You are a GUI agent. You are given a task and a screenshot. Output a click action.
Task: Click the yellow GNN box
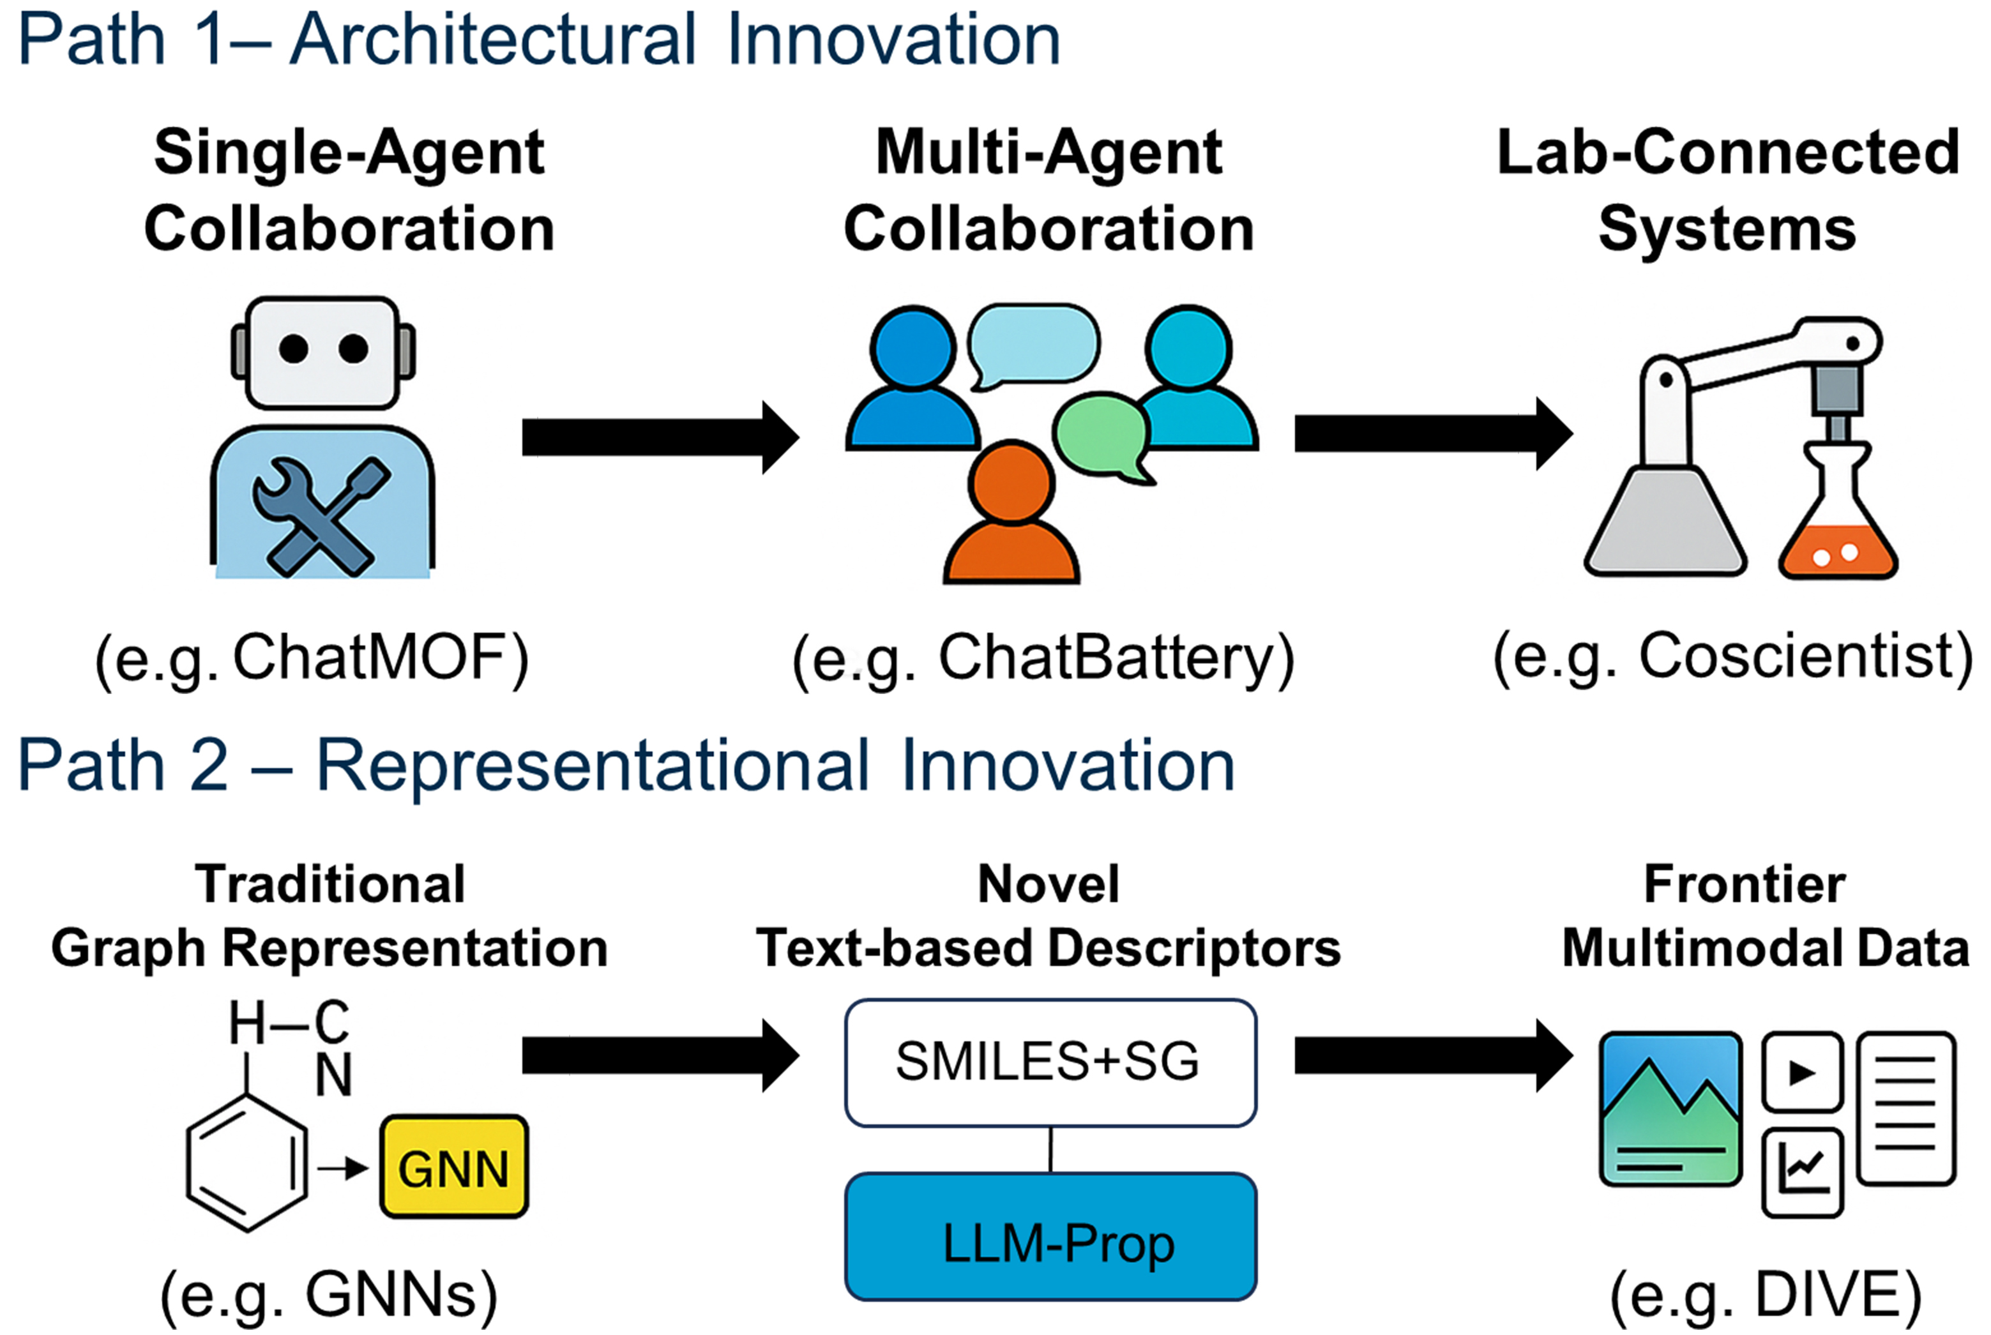(x=454, y=1166)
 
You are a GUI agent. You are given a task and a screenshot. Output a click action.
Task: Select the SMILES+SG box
(x=1050, y=1062)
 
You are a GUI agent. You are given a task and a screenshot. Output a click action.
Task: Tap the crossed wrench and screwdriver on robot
(x=321, y=516)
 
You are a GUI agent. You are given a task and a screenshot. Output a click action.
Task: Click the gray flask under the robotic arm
(x=1665, y=524)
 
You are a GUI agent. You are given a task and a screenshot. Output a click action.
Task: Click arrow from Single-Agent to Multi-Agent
(x=660, y=437)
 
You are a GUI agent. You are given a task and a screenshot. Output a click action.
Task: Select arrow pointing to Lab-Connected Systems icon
(x=1432, y=434)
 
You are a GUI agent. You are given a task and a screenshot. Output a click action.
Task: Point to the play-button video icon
(x=1802, y=1073)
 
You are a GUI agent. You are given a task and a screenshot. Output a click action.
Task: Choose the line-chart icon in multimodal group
(x=1802, y=1172)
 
